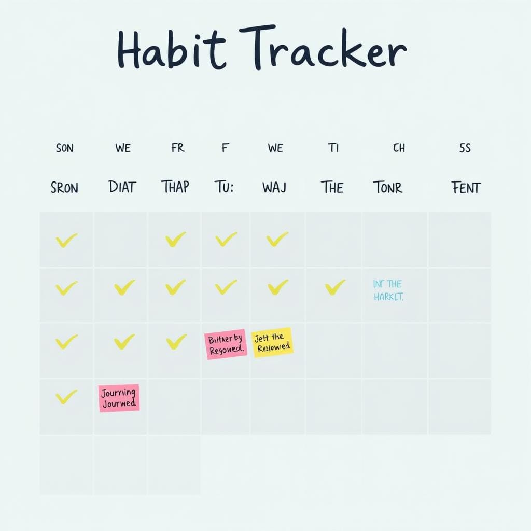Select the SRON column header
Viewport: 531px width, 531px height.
pyautogui.click(x=64, y=187)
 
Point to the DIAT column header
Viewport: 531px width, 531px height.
pyautogui.click(x=122, y=187)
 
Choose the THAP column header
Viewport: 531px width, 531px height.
pyautogui.click(x=175, y=187)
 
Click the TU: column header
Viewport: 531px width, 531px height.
pyautogui.click(x=224, y=187)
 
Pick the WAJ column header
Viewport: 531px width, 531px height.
pyautogui.click(x=274, y=187)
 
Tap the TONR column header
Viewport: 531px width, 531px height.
pyautogui.click(x=387, y=187)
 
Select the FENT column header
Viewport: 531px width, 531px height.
pyautogui.click(x=466, y=187)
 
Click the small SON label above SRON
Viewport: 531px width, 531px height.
pyautogui.click(x=64, y=148)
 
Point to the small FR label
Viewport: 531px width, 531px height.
pyautogui.click(x=177, y=148)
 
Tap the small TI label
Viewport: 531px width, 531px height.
pyautogui.click(x=333, y=148)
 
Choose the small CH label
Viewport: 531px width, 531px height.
pyautogui.click(x=399, y=148)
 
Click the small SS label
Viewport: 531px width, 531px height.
pyautogui.click(x=465, y=148)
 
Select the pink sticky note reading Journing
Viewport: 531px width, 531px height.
pyautogui.click(x=119, y=398)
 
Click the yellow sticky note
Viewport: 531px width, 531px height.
pyautogui.click(x=272, y=342)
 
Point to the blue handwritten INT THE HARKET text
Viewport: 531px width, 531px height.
pyautogui.click(x=388, y=290)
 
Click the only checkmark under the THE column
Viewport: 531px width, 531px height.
pyautogui.click(x=334, y=287)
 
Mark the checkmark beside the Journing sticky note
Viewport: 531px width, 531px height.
pyautogui.click(x=66, y=397)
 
